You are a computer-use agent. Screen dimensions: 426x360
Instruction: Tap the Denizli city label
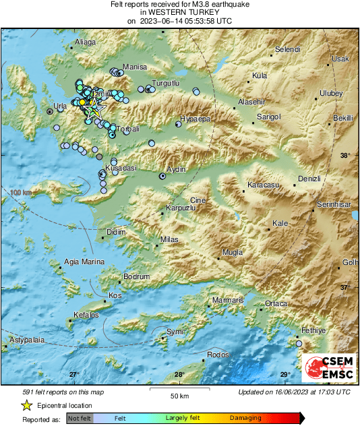coord(309,179)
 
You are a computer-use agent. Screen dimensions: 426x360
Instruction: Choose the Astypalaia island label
coord(26,340)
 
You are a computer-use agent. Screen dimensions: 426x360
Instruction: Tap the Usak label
coord(340,59)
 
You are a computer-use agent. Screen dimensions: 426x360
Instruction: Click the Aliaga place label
coord(86,42)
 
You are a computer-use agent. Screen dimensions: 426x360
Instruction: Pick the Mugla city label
coord(232,251)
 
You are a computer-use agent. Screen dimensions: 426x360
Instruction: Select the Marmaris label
coord(227,299)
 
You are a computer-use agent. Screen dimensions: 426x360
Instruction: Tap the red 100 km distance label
coord(21,193)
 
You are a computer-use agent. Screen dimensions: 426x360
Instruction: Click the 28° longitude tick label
coord(179,375)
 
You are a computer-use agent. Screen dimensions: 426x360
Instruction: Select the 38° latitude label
coord(344,156)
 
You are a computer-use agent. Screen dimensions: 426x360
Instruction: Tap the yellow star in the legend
coord(27,405)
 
